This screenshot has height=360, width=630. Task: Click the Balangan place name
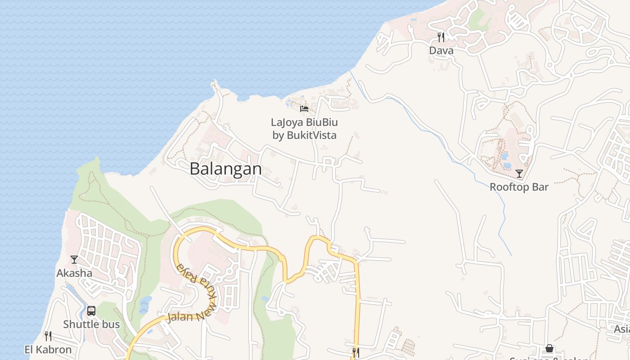[225, 169]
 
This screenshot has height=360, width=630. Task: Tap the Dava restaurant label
[441, 50]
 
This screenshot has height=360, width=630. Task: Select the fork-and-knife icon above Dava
[441, 37]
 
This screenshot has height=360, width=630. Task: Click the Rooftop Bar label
[519, 187]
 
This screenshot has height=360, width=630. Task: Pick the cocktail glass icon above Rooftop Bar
[519, 173]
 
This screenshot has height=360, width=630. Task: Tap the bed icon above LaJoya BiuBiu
[304, 108]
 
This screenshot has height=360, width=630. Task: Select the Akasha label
[74, 273]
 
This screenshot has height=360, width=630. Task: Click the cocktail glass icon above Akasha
[74, 260]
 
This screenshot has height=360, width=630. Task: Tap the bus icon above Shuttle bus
[91, 310]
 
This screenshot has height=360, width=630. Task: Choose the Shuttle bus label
[91, 324]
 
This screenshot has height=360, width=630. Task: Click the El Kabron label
[48, 349]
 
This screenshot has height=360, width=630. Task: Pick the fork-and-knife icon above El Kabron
[48, 336]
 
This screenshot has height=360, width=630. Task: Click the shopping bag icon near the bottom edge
[549, 348]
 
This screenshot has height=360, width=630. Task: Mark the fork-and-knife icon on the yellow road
[355, 352]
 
